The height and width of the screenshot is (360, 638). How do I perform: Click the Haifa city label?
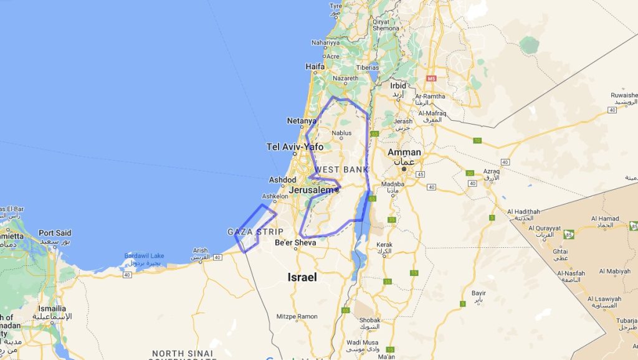tap(315, 67)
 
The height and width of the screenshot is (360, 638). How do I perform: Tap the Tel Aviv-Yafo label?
tap(295, 147)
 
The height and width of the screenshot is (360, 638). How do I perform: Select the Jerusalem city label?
tap(312, 189)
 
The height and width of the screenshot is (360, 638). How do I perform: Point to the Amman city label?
tap(404, 152)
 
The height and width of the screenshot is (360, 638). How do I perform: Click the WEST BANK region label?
tap(341, 169)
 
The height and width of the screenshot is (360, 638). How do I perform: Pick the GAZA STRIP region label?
tap(255, 232)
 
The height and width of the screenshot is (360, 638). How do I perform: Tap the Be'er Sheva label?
tap(291, 242)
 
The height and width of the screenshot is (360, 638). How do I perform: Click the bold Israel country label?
tap(302, 277)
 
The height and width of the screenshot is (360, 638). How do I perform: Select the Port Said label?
tap(55, 233)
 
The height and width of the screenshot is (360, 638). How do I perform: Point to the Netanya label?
tap(301, 121)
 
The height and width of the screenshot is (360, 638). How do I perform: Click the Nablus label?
tap(342, 133)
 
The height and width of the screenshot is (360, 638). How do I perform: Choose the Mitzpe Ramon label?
tap(297, 316)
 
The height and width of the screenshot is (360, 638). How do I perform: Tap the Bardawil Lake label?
tap(144, 255)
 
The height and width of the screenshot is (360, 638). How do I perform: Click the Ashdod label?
tap(282, 180)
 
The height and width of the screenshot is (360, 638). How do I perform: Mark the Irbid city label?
tap(398, 86)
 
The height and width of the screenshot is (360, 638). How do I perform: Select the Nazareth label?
tap(346, 78)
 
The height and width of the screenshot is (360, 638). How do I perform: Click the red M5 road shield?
tap(431, 78)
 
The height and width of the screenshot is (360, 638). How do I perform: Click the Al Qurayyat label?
tap(541, 228)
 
